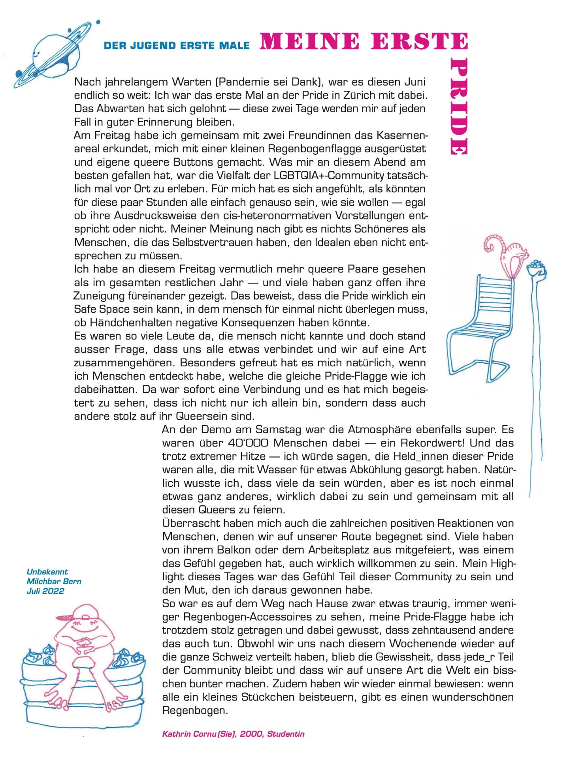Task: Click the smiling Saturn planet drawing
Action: click(53, 53)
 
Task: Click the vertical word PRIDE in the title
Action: click(459, 107)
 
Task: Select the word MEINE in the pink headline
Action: click(309, 41)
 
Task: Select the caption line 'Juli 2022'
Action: click(45, 591)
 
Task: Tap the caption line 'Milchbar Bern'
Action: click(54, 582)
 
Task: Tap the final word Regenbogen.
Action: click(195, 711)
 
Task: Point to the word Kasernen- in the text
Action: click(403, 135)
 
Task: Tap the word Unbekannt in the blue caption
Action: click(47, 572)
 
